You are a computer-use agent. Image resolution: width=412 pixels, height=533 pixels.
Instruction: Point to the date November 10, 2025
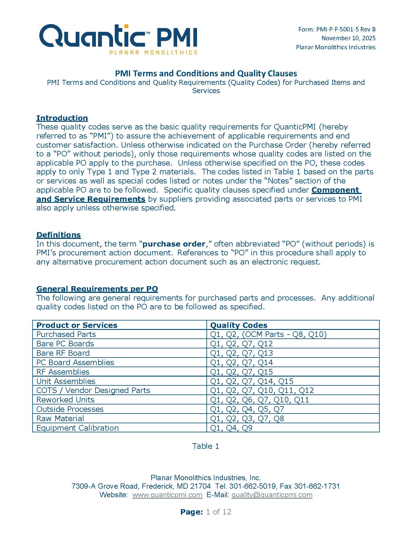tap(348, 38)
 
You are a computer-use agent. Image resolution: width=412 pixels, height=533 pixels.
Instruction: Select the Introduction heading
tap(62, 118)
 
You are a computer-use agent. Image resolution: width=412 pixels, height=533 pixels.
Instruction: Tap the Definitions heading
tap(58, 235)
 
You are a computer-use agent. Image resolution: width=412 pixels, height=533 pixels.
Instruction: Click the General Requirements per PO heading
tap(97, 289)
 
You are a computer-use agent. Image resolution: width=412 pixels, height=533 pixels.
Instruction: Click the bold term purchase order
tap(174, 244)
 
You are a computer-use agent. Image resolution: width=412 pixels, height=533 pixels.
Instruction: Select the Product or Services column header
tap(77, 325)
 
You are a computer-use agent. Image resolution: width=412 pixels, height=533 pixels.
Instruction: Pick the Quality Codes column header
tap(238, 325)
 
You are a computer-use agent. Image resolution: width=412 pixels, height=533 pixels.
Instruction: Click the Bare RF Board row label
tap(63, 353)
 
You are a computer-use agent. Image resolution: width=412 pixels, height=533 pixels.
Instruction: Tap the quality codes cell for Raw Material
tap(247, 419)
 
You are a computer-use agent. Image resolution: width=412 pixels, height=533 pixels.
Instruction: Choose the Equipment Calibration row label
tap(78, 428)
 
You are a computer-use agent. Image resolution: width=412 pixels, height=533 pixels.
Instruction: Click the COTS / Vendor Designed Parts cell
tap(93, 390)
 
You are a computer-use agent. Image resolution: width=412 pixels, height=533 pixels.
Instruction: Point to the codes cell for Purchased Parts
tap(268, 334)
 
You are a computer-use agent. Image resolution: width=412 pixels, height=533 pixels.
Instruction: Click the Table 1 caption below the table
tap(206, 446)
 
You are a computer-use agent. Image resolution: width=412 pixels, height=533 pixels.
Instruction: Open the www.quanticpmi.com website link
tap(167, 495)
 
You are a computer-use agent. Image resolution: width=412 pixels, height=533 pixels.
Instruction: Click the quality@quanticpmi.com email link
tap(272, 495)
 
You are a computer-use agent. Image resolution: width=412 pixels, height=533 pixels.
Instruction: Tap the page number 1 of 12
tap(218, 512)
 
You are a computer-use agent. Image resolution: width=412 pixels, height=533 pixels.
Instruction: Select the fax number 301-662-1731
tap(317, 486)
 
